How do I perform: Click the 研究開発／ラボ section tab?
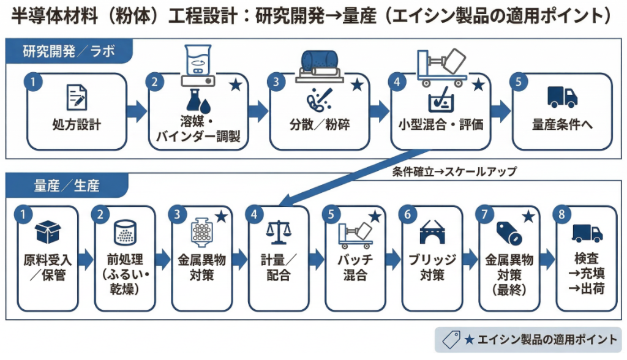pyautogui.click(x=69, y=51)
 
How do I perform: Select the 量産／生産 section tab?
pyautogui.click(x=67, y=186)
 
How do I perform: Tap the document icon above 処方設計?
pyautogui.click(x=77, y=97)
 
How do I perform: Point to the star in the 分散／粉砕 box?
pyautogui.click(x=357, y=85)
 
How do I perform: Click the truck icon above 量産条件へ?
pyautogui.click(x=562, y=97)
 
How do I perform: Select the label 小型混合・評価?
pyautogui.click(x=441, y=125)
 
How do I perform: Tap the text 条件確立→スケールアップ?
pyautogui.click(x=454, y=172)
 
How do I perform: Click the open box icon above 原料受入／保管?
pyautogui.click(x=48, y=232)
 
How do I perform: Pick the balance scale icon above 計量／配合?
pyautogui.click(x=279, y=233)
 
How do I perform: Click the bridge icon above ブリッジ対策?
pyautogui.click(x=432, y=232)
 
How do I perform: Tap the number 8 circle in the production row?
pyautogui.click(x=561, y=214)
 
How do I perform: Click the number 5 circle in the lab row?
pyautogui.click(x=519, y=82)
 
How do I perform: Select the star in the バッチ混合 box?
pyautogui.click(x=375, y=217)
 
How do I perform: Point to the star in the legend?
pyautogui.click(x=470, y=340)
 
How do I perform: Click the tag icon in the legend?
pyautogui.click(x=451, y=340)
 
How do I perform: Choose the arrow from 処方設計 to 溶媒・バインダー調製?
pyautogui.click(x=137, y=111)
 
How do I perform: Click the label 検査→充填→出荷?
pyautogui.click(x=587, y=274)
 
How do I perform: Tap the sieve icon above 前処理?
pyautogui.click(x=125, y=232)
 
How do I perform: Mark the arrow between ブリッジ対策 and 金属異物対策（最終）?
pyautogui.click(x=470, y=259)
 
